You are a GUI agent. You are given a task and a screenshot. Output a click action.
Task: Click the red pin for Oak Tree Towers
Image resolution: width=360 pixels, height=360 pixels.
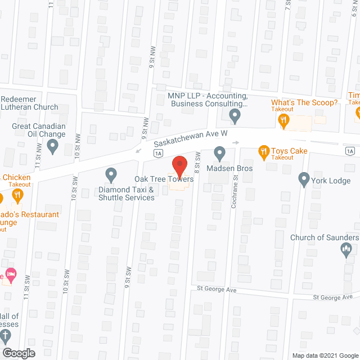179,166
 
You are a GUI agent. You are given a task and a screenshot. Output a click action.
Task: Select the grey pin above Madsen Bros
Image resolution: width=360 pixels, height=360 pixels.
219,152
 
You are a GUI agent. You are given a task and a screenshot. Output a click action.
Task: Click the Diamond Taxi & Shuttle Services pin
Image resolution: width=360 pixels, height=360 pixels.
111,174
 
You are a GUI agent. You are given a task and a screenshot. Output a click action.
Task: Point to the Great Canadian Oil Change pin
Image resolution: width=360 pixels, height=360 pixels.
53,147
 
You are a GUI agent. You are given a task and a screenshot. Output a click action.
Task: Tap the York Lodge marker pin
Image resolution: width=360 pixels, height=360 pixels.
304,179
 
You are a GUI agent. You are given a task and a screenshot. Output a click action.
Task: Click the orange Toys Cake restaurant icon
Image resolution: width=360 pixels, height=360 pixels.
263,151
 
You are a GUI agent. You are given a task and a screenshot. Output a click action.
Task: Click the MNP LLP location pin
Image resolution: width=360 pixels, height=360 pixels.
235,116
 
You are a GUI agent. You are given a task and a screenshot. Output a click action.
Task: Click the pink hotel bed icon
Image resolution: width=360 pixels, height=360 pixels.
11,275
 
